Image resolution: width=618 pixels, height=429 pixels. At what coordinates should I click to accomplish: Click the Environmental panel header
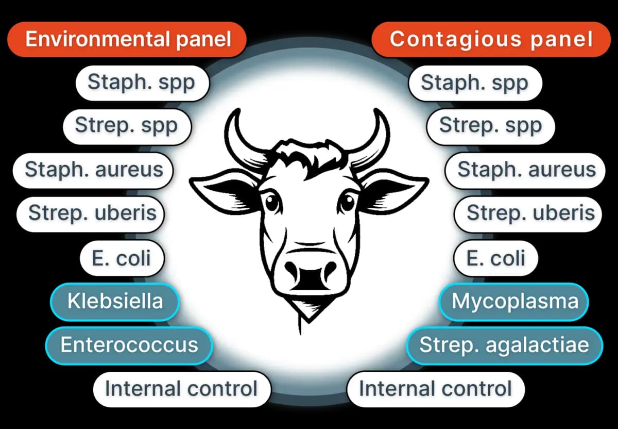point(127,39)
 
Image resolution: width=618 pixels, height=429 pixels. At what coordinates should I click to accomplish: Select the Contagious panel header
point(491,39)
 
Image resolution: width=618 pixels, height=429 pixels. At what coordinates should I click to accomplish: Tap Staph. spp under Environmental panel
point(142,82)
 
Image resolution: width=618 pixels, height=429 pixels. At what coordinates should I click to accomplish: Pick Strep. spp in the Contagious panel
point(490,125)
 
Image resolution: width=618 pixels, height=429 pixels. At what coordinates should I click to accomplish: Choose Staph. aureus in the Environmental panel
point(93,170)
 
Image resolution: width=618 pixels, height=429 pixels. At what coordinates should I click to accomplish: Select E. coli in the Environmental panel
point(122,257)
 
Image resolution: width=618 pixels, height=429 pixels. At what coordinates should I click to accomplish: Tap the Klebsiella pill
point(114,301)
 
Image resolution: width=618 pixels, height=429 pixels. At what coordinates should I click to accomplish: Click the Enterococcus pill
point(129,344)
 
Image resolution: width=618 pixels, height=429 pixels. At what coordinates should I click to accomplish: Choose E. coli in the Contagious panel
point(495,257)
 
